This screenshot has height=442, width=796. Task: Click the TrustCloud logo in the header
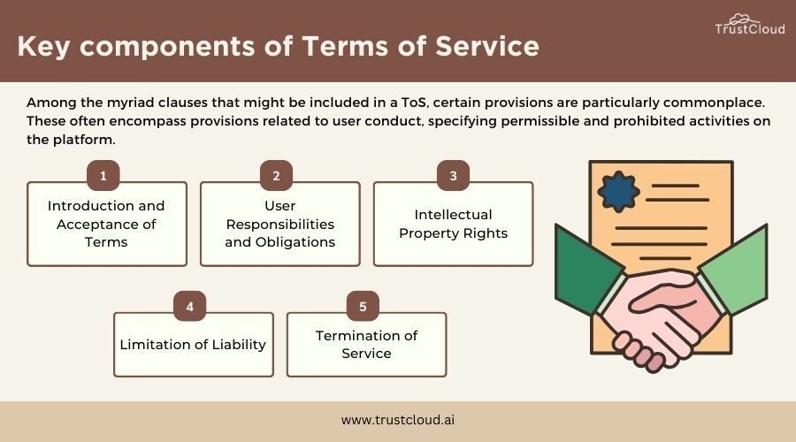click(x=750, y=25)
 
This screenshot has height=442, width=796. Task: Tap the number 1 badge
click(x=103, y=176)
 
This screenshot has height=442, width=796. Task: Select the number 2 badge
click(x=276, y=176)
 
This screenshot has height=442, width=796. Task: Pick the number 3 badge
click(x=454, y=176)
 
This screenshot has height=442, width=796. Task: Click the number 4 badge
click(x=190, y=306)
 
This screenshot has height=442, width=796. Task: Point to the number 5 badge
click(x=363, y=306)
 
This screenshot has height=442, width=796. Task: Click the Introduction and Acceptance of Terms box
click(x=107, y=224)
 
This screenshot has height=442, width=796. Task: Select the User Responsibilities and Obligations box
click(x=280, y=224)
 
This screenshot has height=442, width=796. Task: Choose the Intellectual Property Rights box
click(x=454, y=224)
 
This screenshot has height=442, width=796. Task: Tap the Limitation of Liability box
click(x=194, y=345)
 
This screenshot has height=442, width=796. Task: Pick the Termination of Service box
click(x=366, y=345)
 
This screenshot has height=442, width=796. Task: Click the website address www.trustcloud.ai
click(x=398, y=420)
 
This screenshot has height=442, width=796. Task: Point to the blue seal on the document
click(x=618, y=191)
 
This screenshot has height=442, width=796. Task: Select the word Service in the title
click(x=486, y=46)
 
